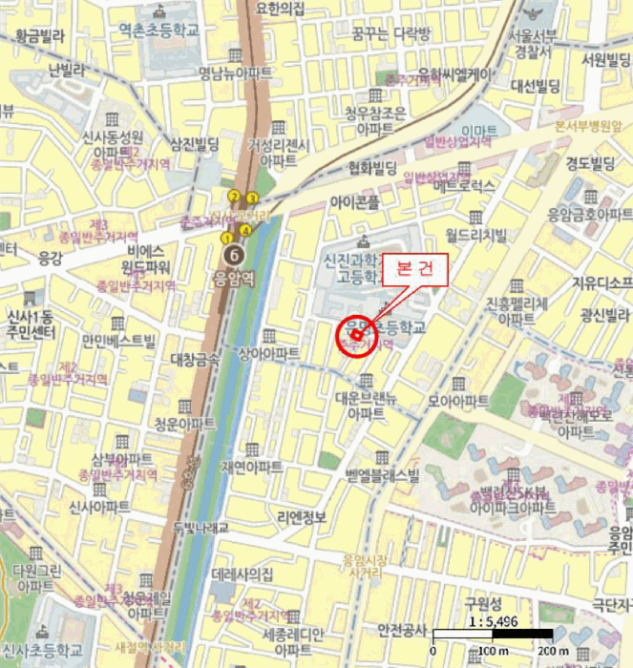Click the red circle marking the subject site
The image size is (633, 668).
coord(356,335)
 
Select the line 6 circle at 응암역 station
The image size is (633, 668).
coord(233,255)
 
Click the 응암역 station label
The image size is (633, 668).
coord(233,281)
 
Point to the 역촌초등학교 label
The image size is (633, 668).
coord(161,31)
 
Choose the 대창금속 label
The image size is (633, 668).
coord(195,359)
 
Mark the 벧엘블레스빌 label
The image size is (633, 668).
coord(383,473)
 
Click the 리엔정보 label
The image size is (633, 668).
coord(301,517)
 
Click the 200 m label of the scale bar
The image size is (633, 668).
coord(553,650)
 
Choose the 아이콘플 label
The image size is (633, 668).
coord(353,202)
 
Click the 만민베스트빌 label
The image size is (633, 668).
coord(118,340)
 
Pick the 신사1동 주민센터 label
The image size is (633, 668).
coord(28,324)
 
